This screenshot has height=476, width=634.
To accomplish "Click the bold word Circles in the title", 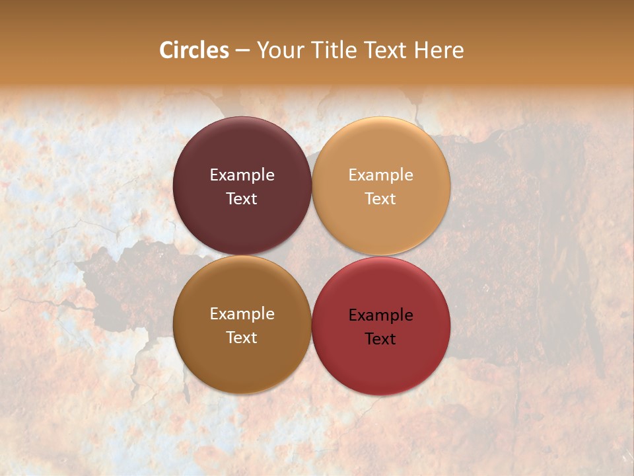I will coord(194,50).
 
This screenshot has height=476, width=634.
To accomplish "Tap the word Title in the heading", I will coord(334,50).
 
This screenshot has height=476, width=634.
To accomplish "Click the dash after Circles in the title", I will coord(242,51).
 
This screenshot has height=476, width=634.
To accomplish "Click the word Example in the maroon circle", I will coord(242,175).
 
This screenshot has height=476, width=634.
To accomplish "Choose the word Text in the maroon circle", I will coord(242,198).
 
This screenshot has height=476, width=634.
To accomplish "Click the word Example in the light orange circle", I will coord(381,175).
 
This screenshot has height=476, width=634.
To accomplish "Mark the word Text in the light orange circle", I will coord(381,198).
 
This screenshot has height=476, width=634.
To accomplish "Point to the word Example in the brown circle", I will coord(242,314).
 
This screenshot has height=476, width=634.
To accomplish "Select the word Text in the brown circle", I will coord(242,337).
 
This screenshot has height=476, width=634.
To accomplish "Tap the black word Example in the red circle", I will coord(381,315).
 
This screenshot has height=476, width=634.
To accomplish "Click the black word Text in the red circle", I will coord(381,338).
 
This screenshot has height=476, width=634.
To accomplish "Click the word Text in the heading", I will coord(385,50).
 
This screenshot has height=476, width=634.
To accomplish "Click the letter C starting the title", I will coord(166,50).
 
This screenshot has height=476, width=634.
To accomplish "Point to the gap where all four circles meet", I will coord(312,256).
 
